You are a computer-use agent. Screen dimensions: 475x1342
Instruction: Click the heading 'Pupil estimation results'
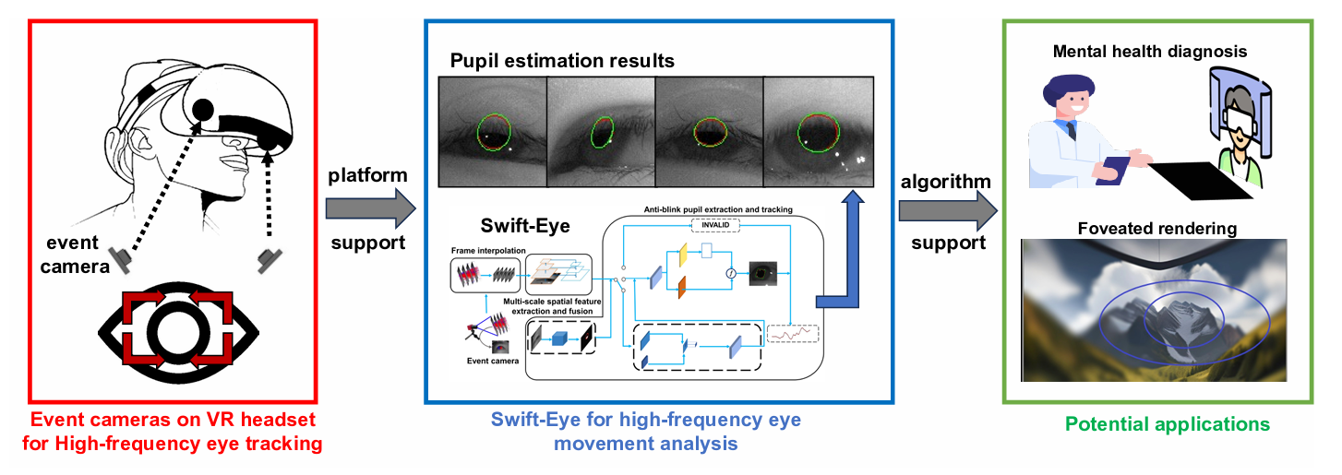[562, 62]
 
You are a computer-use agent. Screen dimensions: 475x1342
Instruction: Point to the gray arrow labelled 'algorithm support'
[947, 210]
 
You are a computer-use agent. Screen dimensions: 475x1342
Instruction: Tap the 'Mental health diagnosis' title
[1149, 52]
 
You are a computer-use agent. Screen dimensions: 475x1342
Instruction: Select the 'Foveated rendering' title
[1158, 227]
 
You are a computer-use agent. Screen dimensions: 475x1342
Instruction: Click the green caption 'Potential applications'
[1167, 425]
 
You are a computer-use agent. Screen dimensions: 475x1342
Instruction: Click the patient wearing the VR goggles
[1236, 129]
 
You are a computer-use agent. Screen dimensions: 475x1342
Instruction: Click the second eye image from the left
[601, 131]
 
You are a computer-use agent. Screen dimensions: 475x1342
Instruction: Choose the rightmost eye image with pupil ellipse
[818, 131]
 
